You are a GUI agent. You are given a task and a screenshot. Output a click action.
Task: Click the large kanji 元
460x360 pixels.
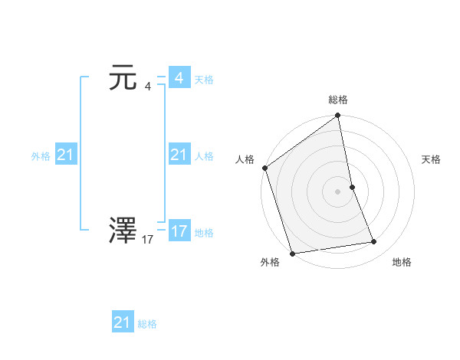pos(123,79)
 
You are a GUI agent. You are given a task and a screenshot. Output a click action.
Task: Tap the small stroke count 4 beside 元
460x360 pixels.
pos(147,87)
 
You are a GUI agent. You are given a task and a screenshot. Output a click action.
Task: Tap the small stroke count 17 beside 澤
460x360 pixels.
pos(148,240)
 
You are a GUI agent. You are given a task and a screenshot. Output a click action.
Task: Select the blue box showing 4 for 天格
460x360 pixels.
pos(179,78)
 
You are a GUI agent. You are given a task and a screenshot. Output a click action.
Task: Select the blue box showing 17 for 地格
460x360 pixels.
pos(179,231)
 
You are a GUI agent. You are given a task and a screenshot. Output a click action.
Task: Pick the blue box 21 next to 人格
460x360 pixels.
pos(179,155)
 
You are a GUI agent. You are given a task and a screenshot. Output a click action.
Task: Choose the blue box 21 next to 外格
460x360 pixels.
pos(65,155)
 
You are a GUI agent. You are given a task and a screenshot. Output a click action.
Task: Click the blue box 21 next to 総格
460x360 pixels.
pos(123,322)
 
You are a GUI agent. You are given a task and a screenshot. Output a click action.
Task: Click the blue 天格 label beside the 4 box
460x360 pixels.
pos(204,80)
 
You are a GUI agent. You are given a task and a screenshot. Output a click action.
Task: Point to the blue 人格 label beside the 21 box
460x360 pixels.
pos(204,156)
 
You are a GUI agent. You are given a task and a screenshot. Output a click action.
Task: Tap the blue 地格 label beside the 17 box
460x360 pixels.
pos(204,233)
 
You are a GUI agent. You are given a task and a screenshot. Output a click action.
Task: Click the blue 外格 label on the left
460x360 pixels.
pos(41,156)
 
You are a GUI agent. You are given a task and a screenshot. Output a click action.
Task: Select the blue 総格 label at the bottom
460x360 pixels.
pos(147,324)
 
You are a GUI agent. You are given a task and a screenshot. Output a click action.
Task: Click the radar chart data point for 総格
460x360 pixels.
pos(337,116)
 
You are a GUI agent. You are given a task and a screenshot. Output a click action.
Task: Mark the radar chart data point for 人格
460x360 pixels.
pos(264,168)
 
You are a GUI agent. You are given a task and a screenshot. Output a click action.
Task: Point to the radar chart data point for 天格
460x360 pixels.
pos(352,186)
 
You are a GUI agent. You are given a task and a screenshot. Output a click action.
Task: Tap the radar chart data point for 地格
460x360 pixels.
pos(374,242)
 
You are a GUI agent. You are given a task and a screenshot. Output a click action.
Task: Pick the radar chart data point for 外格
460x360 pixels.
pos(292,254)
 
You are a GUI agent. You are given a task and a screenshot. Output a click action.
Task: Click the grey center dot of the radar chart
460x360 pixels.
pos(337,191)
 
